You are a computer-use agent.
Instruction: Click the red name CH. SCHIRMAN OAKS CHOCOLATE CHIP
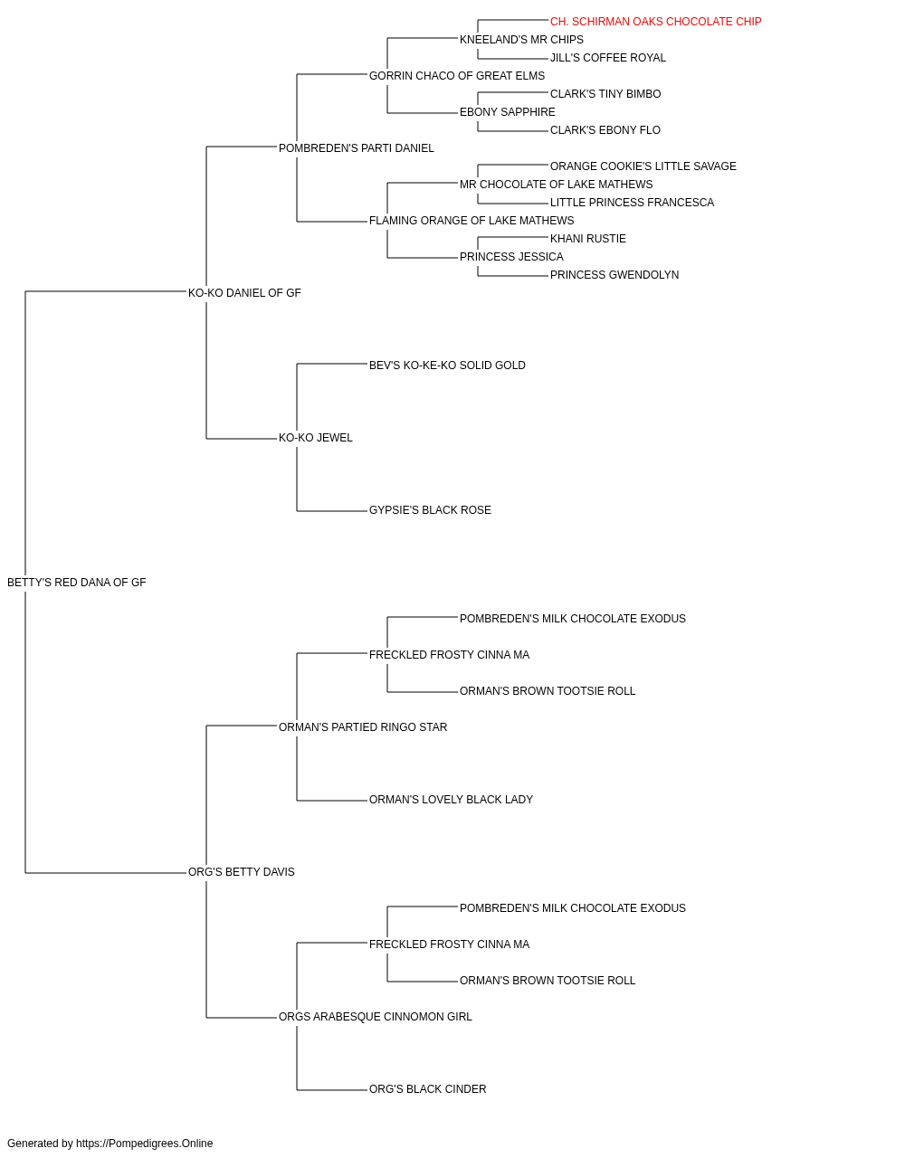click(655, 22)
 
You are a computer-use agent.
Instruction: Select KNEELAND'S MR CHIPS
click(521, 40)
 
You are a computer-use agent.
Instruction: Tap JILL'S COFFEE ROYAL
click(607, 58)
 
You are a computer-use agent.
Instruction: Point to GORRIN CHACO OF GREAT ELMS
click(457, 76)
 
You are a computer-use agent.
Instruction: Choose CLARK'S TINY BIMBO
click(605, 94)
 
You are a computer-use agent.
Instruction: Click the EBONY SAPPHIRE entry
click(507, 112)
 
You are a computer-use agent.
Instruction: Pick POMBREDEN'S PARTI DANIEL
click(356, 148)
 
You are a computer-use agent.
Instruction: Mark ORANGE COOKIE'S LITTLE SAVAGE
click(643, 166)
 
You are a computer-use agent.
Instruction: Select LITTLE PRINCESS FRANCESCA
click(632, 203)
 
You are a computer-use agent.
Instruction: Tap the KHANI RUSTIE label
click(588, 239)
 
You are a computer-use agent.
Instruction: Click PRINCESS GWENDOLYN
click(614, 275)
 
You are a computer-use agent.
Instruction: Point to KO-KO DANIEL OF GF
click(244, 293)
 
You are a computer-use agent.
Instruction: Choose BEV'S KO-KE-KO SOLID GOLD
click(447, 365)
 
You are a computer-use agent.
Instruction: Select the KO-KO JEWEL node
click(316, 438)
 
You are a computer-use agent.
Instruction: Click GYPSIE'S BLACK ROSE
click(430, 510)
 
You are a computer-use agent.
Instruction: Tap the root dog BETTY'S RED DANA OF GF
click(76, 583)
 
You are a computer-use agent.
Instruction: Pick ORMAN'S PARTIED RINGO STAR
click(362, 727)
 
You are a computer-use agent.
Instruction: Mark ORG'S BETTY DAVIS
click(241, 872)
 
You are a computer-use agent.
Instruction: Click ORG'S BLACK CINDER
click(427, 1089)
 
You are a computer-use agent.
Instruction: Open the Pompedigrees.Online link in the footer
click(145, 1144)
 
